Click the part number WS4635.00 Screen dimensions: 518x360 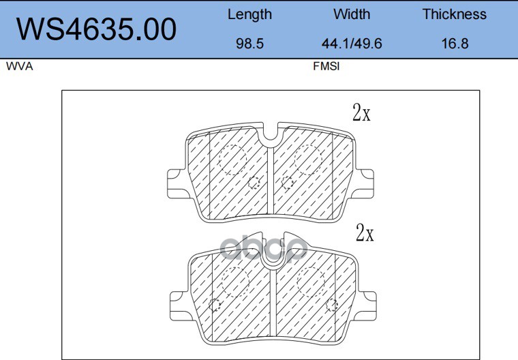[97, 29]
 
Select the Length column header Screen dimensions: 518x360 [249, 15]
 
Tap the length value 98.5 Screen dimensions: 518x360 [249, 44]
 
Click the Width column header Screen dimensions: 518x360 [352, 14]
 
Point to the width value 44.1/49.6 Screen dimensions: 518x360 [352, 44]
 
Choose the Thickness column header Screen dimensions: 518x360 [455, 14]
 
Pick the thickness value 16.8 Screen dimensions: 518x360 [455, 44]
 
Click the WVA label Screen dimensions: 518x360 [20, 66]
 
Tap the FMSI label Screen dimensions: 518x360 [326, 66]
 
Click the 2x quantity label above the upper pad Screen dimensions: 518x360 [361, 112]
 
